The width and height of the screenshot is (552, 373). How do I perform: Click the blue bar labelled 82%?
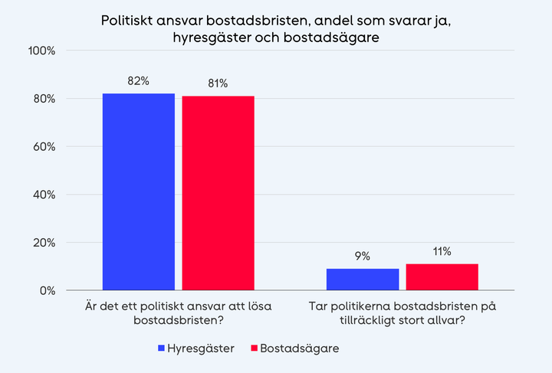click(x=139, y=191)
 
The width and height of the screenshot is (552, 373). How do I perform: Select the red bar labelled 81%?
click(x=218, y=193)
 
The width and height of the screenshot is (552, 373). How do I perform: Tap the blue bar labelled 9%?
click(x=363, y=280)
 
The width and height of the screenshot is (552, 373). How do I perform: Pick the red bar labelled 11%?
click(x=442, y=277)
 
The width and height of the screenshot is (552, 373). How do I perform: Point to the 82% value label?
click(x=139, y=82)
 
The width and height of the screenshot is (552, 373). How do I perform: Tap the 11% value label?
click(x=442, y=252)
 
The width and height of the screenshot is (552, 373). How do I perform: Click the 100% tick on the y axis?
click(x=41, y=51)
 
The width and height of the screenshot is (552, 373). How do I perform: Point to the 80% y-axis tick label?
click(x=43, y=99)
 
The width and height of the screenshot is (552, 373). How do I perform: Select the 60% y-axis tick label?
click(x=43, y=147)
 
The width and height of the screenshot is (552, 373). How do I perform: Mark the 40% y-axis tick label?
click(x=43, y=195)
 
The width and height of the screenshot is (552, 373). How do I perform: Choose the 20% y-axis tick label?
click(x=43, y=243)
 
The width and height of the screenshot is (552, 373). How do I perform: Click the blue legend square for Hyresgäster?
click(x=162, y=348)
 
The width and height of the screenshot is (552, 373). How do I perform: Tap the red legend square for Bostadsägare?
click(x=255, y=348)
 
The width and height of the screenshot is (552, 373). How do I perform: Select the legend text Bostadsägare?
click(x=299, y=348)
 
